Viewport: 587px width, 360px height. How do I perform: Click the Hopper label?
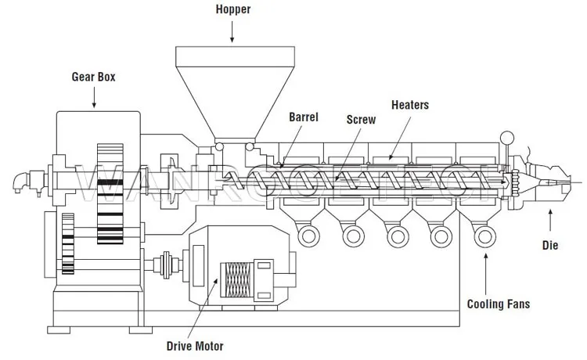coord(232,10)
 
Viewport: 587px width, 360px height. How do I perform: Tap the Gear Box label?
coord(93,78)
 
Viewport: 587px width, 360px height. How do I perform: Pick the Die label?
coord(550,245)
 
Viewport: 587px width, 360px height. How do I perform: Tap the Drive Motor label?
coord(195,344)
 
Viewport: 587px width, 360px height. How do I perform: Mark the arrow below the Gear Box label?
coord(94,97)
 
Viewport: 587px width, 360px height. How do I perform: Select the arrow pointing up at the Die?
coord(550,218)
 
